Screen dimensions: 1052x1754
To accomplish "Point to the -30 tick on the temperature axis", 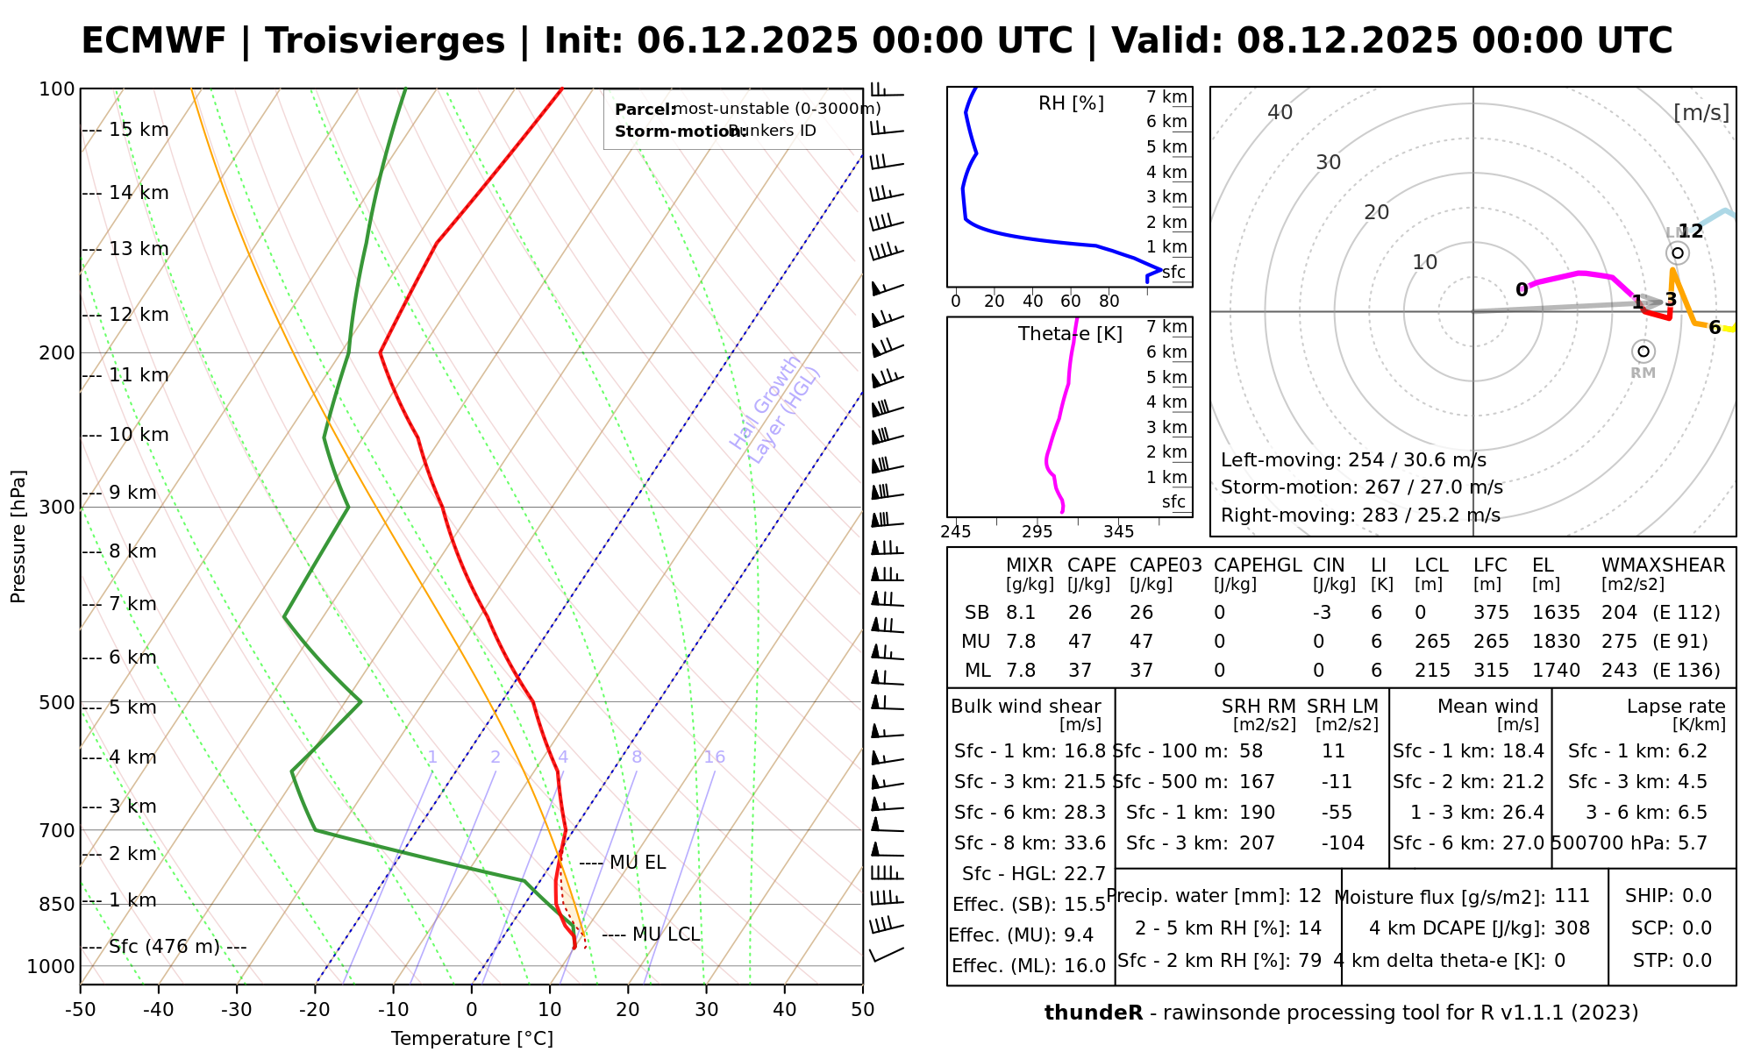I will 237,1010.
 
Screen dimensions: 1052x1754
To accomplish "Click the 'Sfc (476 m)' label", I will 167,947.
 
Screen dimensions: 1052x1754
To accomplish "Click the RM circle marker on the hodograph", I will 1643,352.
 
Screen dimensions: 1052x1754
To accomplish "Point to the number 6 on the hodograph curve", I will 1715,328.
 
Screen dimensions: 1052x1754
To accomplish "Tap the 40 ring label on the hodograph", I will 1280,112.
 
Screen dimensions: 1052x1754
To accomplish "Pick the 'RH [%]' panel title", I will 1071,103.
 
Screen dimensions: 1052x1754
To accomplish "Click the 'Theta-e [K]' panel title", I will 1070,334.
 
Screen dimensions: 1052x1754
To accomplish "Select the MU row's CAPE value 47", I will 1080,642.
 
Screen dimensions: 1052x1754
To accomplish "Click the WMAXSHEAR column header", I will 1663,565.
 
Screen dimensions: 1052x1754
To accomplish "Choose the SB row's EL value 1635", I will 1556,613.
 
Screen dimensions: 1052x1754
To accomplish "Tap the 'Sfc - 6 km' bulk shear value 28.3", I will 1085,813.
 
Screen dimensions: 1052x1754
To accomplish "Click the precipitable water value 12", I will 1309,896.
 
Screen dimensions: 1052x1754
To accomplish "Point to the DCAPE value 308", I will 1572,928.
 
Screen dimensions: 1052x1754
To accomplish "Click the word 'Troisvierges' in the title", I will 385,41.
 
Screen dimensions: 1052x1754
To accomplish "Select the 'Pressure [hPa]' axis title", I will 18,537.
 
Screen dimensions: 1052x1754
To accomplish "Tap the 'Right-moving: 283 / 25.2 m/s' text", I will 1360,515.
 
